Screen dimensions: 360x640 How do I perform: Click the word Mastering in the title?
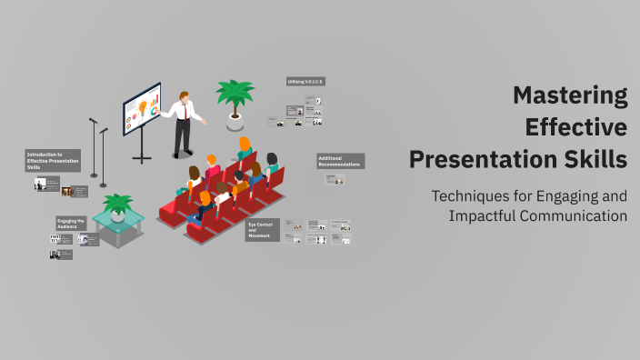tap(570, 95)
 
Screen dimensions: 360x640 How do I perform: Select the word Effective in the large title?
tap(576, 126)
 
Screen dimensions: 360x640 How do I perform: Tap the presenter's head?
tap(183, 95)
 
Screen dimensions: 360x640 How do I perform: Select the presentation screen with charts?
tap(142, 109)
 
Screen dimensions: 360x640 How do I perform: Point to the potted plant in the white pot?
tap(234, 100)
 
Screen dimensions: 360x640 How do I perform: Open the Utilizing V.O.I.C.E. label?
tap(305, 81)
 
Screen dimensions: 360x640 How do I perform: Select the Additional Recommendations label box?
tap(340, 161)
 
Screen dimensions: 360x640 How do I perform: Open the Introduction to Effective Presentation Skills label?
tap(53, 161)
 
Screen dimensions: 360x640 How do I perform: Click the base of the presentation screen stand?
tap(142, 159)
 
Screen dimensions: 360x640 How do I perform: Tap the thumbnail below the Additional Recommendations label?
tap(335, 180)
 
